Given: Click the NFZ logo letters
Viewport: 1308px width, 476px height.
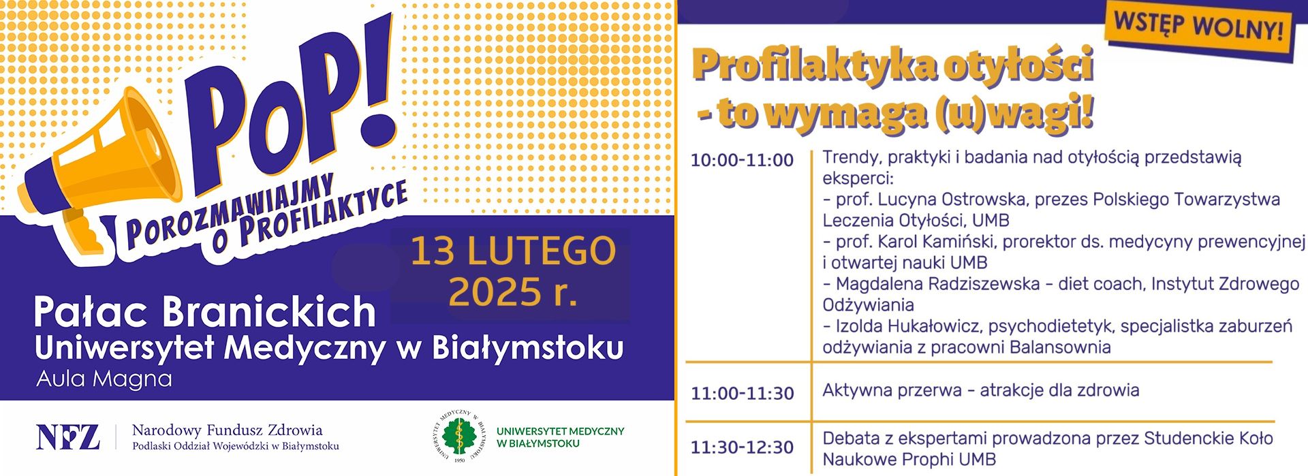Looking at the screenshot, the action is [x=67, y=437].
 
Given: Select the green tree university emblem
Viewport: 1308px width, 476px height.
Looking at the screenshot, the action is [x=460, y=437].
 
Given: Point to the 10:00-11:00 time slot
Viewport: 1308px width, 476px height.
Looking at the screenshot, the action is [x=742, y=160].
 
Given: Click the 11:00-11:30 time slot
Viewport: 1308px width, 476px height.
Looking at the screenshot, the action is [x=742, y=393].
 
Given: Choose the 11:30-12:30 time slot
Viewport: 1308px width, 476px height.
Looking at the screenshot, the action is [x=742, y=447].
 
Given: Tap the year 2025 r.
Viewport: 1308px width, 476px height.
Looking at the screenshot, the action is [x=513, y=293].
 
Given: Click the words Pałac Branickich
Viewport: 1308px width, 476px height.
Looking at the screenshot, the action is [x=205, y=312].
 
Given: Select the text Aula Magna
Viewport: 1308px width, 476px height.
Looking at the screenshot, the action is [x=104, y=379].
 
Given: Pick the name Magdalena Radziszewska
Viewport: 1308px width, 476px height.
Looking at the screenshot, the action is [x=937, y=284].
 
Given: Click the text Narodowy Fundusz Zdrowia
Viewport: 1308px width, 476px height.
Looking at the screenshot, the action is [x=228, y=430].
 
